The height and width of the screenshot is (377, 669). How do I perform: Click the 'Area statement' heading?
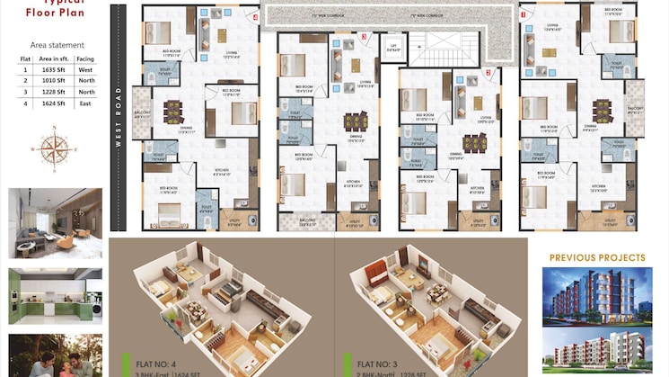pyautogui.click(x=57, y=44)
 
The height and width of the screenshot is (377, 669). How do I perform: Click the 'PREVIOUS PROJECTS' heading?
pyautogui.click(x=597, y=258)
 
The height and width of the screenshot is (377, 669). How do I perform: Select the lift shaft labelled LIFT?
pyautogui.click(x=392, y=47)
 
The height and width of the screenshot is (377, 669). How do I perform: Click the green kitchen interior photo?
pyautogui.click(x=56, y=295)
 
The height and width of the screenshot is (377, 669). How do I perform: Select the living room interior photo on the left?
pyautogui.click(x=56, y=223)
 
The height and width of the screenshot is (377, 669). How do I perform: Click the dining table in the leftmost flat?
pyautogui.click(x=172, y=111)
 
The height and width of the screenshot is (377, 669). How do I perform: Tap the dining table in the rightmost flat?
pyautogui.click(x=603, y=111)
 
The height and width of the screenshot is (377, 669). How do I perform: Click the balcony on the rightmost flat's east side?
pyautogui.click(x=635, y=108)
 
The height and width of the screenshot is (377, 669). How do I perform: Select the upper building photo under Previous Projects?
pyautogui.click(x=597, y=296)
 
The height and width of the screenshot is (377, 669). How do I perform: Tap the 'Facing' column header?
pyautogui.click(x=85, y=58)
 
